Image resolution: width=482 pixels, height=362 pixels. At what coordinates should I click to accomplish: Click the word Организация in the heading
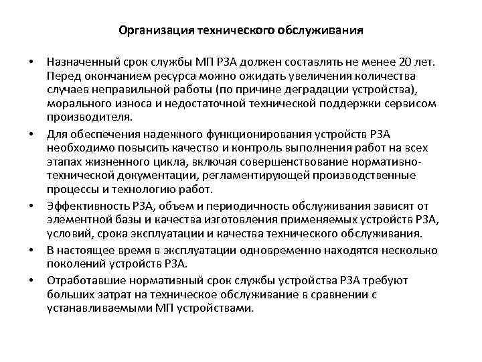[x=153, y=31]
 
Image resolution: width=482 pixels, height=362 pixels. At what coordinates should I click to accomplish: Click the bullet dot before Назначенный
[x=30, y=63]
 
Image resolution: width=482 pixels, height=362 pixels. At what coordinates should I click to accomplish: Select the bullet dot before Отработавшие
[x=30, y=280]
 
